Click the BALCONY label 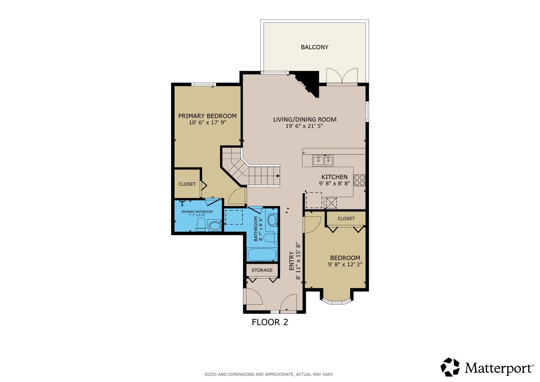314,47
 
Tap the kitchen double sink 323,160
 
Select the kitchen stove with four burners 360,180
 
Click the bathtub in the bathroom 262,255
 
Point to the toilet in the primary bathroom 201,225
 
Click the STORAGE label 262,270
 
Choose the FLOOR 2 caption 270,322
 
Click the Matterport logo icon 450,367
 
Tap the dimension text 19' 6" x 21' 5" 304,126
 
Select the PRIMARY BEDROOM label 207,116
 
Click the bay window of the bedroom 336,299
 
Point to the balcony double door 342,77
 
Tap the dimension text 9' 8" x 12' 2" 345,264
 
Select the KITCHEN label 335,177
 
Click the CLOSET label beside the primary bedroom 187,184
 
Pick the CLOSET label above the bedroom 346,218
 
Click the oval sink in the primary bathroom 214,226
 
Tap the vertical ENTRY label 292,261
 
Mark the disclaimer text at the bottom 269,374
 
